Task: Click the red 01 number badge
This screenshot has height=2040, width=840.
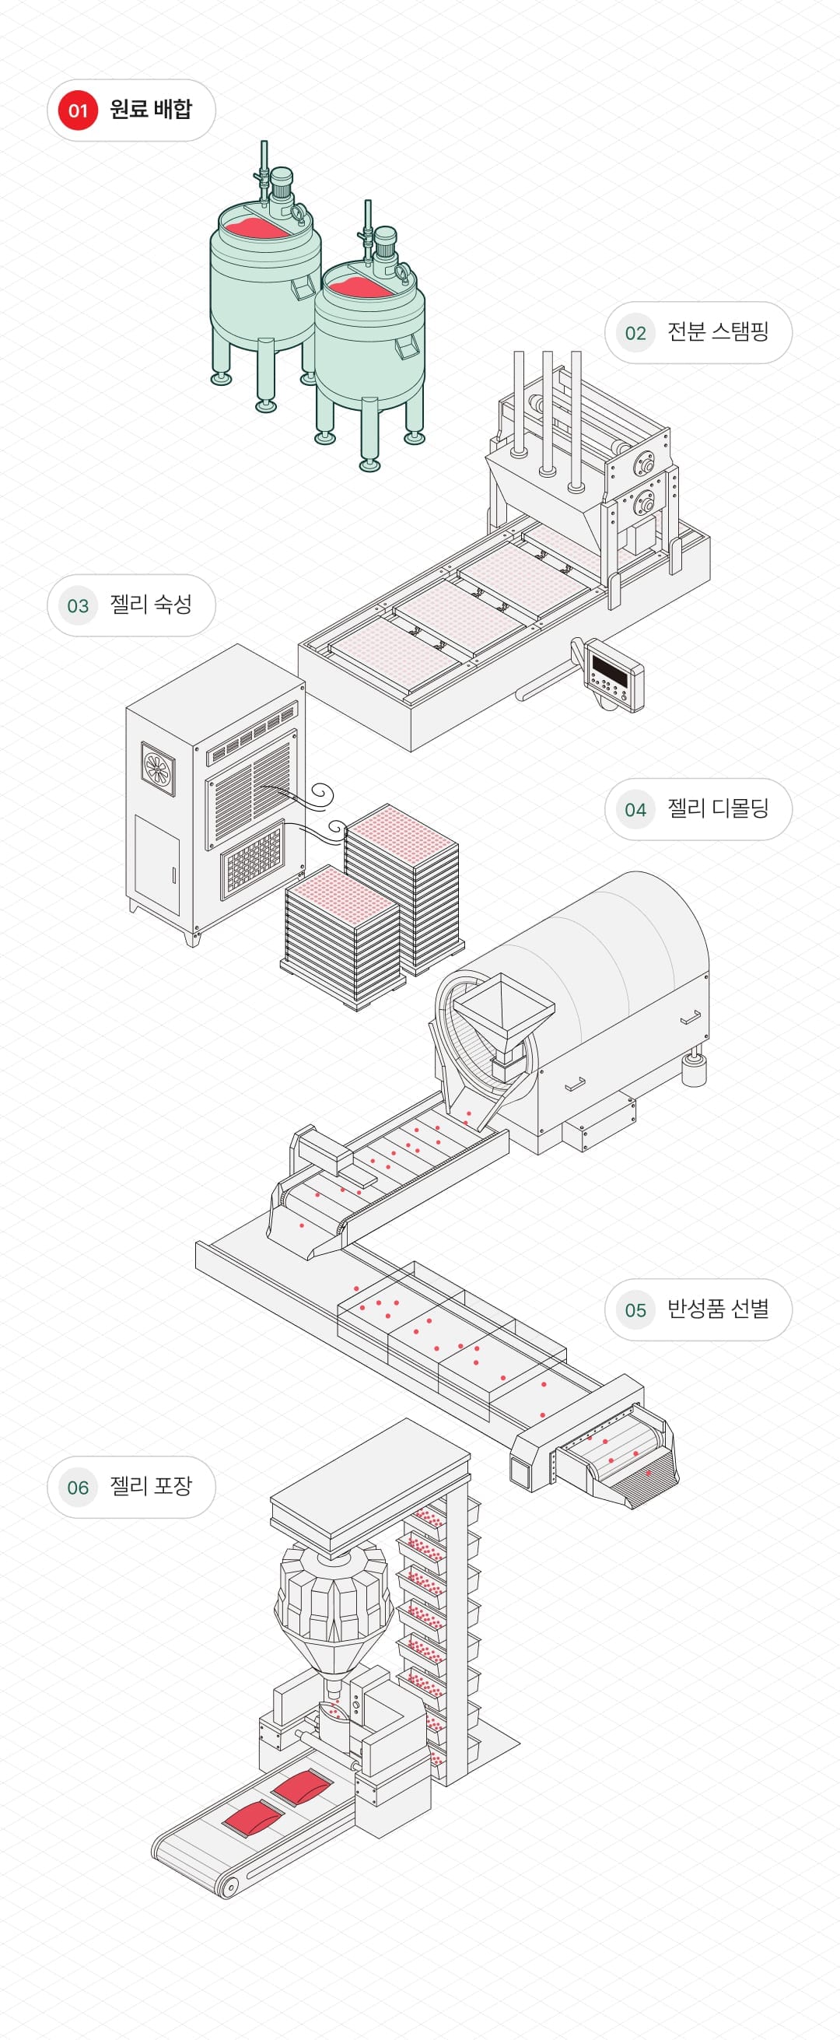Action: (x=78, y=110)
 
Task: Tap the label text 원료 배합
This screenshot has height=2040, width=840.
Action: (x=150, y=109)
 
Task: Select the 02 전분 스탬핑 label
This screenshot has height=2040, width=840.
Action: (x=698, y=333)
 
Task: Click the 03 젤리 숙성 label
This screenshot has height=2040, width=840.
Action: (x=131, y=605)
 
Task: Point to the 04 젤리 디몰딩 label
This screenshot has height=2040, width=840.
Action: (x=698, y=809)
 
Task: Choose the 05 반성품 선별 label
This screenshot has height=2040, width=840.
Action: (x=698, y=1310)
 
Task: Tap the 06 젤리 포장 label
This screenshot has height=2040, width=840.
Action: (x=131, y=1488)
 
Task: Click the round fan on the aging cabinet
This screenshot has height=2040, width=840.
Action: (x=159, y=767)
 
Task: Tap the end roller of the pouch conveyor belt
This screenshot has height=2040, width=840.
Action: (x=229, y=1888)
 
